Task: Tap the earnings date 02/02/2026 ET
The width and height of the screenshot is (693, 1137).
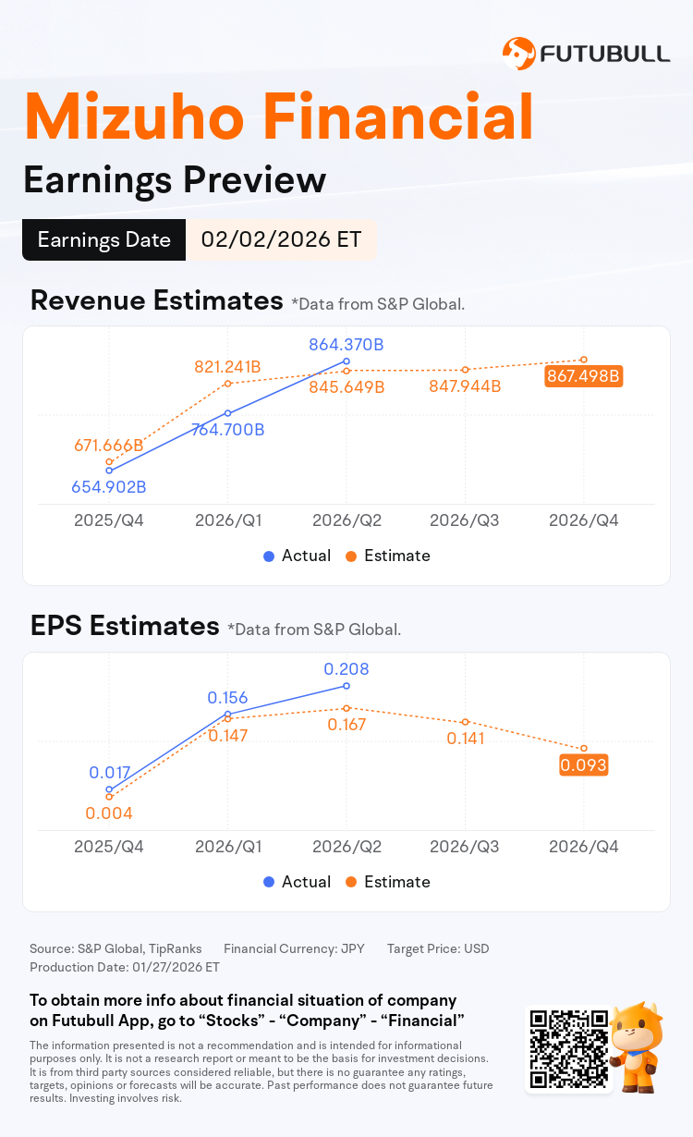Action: click(282, 239)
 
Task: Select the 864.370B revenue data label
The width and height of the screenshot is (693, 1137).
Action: click(346, 345)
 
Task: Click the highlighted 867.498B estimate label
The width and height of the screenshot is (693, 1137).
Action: click(582, 375)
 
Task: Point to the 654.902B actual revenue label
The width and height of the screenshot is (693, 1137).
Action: click(109, 487)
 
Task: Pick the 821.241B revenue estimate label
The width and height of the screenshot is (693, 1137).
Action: click(227, 367)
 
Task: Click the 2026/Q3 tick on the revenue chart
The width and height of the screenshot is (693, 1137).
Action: click(465, 520)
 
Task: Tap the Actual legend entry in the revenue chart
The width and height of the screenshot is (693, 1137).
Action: click(297, 556)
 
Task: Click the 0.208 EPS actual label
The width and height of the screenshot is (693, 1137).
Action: click(346, 668)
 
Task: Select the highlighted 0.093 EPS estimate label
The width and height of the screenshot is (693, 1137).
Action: click(582, 765)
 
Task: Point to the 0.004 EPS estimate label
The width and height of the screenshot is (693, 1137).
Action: click(109, 813)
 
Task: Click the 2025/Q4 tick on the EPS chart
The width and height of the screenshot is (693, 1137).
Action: click(109, 847)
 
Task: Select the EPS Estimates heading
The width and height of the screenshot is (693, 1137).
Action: click(124, 626)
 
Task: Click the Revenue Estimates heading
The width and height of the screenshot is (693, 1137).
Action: click(156, 300)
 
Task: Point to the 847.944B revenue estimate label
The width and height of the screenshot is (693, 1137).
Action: click(465, 386)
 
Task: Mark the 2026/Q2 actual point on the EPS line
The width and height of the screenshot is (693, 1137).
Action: click(346, 686)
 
